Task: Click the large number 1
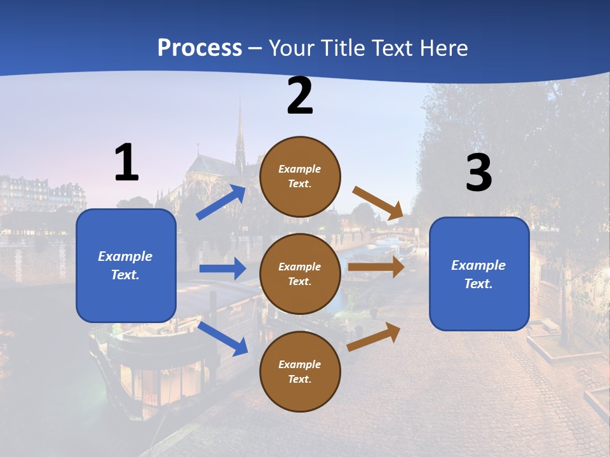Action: tap(126, 162)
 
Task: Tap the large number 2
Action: tap(300, 96)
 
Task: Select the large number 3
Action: tap(478, 173)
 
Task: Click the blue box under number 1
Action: tap(126, 265)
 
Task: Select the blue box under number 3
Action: tap(479, 274)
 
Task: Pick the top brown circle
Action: tap(300, 176)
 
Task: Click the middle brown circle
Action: tap(300, 274)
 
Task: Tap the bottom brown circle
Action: tap(300, 371)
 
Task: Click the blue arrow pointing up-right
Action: tap(221, 202)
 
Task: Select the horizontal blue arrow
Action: tap(222, 268)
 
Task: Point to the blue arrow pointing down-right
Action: tap(222, 338)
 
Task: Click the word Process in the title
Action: tap(200, 48)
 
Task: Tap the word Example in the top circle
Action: tap(299, 169)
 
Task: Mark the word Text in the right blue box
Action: tap(478, 284)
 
